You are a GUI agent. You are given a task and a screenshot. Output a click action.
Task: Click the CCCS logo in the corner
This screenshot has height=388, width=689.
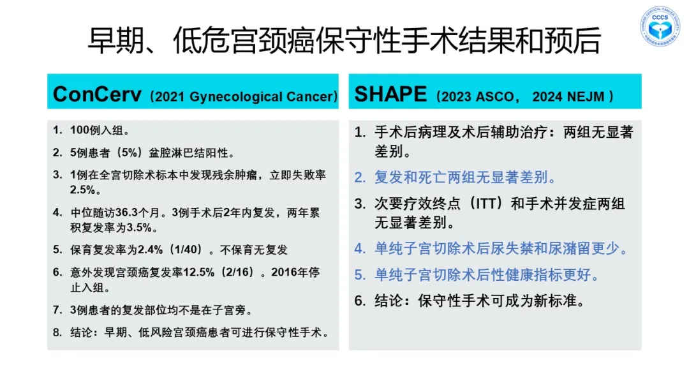[x=660, y=26]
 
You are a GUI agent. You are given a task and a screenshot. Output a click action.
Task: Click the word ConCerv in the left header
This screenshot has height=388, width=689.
[x=97, y=94]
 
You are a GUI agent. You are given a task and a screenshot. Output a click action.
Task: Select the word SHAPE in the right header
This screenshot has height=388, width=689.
[x=390, y=94]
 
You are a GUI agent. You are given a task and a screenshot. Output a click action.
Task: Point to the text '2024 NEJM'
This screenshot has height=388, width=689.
[x=568, y=96]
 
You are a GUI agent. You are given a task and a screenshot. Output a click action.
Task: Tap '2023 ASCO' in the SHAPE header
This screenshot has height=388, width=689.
[x=477, y=96]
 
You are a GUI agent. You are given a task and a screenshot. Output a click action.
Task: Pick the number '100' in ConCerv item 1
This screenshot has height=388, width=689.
[x=80, y=131]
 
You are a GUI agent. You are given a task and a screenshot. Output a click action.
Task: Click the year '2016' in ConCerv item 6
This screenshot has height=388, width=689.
[x=285, y=272]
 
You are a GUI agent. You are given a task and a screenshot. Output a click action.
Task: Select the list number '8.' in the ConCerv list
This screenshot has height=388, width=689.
[x=57, y=332]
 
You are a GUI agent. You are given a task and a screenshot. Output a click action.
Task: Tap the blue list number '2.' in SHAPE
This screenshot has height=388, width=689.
[x=360, y=177]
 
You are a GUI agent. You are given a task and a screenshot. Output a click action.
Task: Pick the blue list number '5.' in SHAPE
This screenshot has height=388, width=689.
[x=360, y=275]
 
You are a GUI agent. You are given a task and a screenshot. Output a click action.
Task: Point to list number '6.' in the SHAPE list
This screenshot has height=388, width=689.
[x=360, y=301]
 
